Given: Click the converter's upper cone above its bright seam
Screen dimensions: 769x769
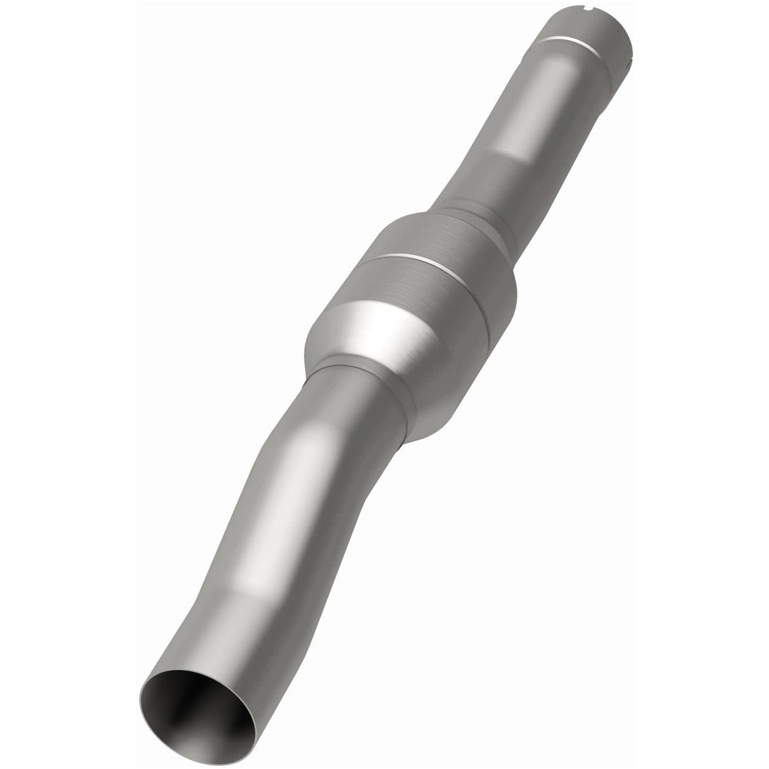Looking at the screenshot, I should pyautogui.click(x=437, y=241).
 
